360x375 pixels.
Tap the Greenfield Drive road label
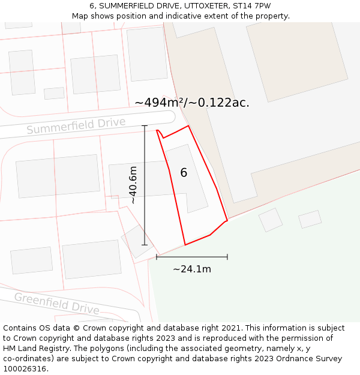pos(56,304)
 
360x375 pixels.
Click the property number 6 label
pos(184,173)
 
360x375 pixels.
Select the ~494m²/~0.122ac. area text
pos(192,103)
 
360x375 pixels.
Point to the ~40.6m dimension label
pos(133,185)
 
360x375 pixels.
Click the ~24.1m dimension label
pos(192,269)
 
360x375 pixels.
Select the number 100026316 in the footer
pos(25,368)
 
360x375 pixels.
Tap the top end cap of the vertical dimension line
pos(145,125)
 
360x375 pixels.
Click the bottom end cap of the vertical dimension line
pos(145,245)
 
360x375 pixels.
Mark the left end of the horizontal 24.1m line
pos(157,257)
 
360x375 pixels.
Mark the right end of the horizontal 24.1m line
pos(227,257)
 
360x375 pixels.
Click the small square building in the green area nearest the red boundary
pos(271,220)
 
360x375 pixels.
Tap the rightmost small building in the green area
pos(310,219)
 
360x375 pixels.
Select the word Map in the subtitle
pos(80,16)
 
